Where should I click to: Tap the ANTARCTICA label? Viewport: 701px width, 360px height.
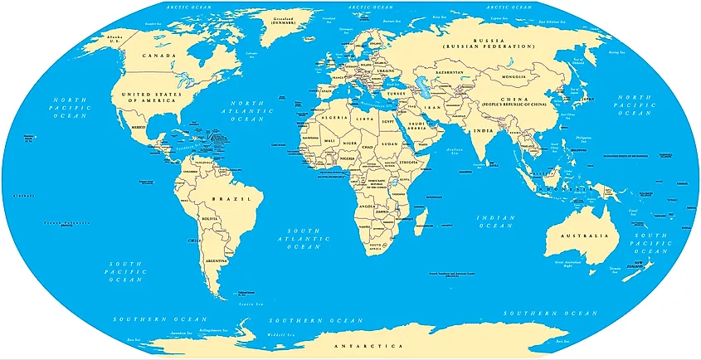coord(367,344)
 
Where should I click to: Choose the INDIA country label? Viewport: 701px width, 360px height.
coord(483,131)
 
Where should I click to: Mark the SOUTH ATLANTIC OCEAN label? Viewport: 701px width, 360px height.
coord(303,238)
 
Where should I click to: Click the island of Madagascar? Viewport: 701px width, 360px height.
coord(421,220)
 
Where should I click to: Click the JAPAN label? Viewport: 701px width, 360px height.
coord(588,98)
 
